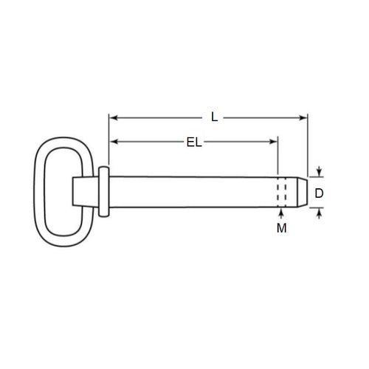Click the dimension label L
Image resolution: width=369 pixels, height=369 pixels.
pyautogui.click(x=214, y=117)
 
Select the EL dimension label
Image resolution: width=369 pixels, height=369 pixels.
pyautogui.click(x=194, y=142)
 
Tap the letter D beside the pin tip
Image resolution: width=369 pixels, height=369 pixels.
pyautogui.click(x=320, y=194)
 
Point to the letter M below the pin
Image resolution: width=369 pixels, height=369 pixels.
pyautogui.click(x=281, y=229)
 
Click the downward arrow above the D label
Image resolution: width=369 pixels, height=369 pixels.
pyautogui.click(x=320, y=172)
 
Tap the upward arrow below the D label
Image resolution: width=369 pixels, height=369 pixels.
pyautogui.click(x=320, y=213)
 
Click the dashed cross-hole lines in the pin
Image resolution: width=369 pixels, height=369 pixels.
pyautogui.click(x=281, y=193)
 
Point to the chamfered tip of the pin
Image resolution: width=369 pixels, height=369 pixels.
pyautogui.click(x=303, y=193)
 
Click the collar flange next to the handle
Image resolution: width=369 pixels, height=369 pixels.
pyautogui.click(x=103, y=192)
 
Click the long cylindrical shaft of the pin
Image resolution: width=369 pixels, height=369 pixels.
pyautogui.click(x=192, y=193)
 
